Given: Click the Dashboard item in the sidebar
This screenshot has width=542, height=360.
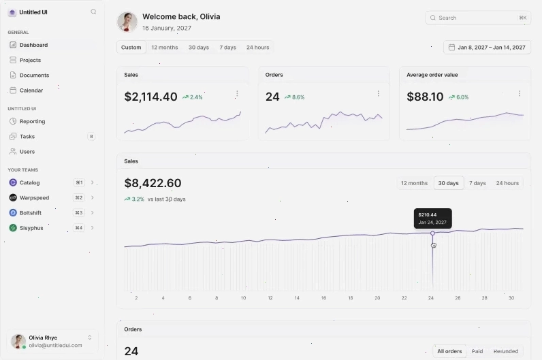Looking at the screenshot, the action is click(x=33, y=45).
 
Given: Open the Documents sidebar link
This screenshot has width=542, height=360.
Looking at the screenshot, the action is click(x=34, y=76).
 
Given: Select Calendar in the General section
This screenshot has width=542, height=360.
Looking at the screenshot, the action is click(x=31, y=91).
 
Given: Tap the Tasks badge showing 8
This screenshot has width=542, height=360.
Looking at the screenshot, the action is click(x=91, y=137).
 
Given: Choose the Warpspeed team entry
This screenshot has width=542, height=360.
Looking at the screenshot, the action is click(x=34, y=197).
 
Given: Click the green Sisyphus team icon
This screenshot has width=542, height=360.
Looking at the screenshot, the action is click(x=13, y=228).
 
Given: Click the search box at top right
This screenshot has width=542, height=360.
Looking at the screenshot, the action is click(x=478, y=18).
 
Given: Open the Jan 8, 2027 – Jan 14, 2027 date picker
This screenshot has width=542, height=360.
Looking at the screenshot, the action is click(x=487, y=48).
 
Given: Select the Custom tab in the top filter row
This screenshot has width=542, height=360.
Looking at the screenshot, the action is click(x=131, y=48).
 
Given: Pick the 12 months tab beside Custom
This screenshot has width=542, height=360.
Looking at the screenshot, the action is click(x=165, y=48).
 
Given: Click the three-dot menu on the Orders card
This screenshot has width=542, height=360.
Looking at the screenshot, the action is click(x=378, y=94).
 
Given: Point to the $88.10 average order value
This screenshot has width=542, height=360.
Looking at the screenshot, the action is click(x=425, y=97).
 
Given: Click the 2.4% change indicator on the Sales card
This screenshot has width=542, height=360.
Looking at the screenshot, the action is click(x=193, y=97).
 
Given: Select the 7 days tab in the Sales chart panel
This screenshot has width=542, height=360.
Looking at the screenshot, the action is click(x=477, y=183).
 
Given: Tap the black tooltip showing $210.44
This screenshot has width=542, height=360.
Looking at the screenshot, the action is click(x=433, y=218).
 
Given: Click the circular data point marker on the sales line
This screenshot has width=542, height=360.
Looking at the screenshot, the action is click(x=432, y=233).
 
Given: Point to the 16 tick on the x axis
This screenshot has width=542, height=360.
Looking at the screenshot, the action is click(x=323, y=298).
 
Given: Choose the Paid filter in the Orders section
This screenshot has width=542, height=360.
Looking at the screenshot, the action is click(x=477, y=351).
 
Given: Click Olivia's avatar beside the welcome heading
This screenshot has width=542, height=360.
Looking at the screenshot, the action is click(x=127, y=22).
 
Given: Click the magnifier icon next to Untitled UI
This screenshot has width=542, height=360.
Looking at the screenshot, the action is click(x=93, y=12).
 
